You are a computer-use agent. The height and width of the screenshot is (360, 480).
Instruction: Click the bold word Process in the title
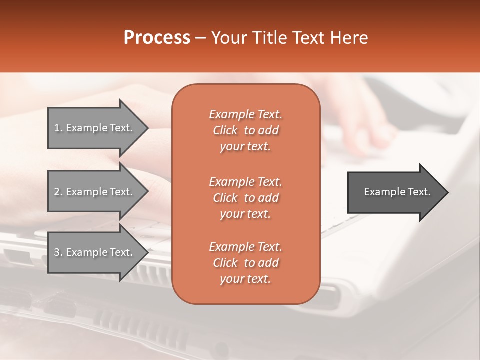click(x=157, y=38)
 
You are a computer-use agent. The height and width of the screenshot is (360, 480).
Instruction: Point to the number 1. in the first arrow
click(x=58, y=128)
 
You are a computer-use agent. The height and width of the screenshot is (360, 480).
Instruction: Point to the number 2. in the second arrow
click(x=58, y=192)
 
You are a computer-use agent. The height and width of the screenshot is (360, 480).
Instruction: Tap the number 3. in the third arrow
click(x=58, y=252)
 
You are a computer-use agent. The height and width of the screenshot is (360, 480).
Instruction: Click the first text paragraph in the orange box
click(x=245, y=130)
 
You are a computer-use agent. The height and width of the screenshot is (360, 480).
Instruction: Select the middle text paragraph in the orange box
click(x=245, y=198)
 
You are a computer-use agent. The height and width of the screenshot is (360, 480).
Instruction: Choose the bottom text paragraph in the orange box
click(x=245, y=263)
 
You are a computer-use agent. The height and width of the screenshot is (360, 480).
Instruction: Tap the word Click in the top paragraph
click(x=225, y=130)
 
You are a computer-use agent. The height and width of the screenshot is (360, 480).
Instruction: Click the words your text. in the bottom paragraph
click(x=245, y=279)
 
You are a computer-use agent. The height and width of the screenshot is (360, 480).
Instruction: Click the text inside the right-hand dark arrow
click(x=397, y=192)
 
